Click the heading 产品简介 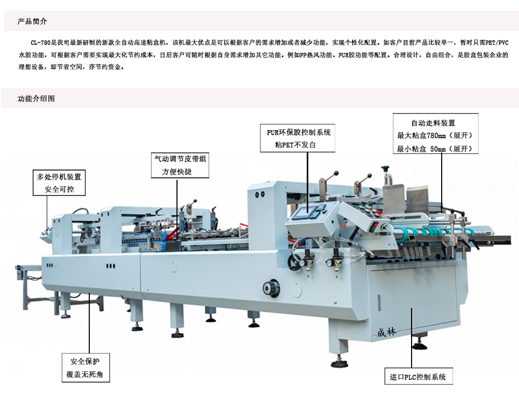coord(32,22)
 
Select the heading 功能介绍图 coord(36,98)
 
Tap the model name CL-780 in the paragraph coord(39,42)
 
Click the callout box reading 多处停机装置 coord(59,177)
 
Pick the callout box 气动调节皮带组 coord(180,159)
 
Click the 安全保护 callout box coord(85,361)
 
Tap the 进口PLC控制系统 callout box coord(418,377)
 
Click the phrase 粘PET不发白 coord(295,145)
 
